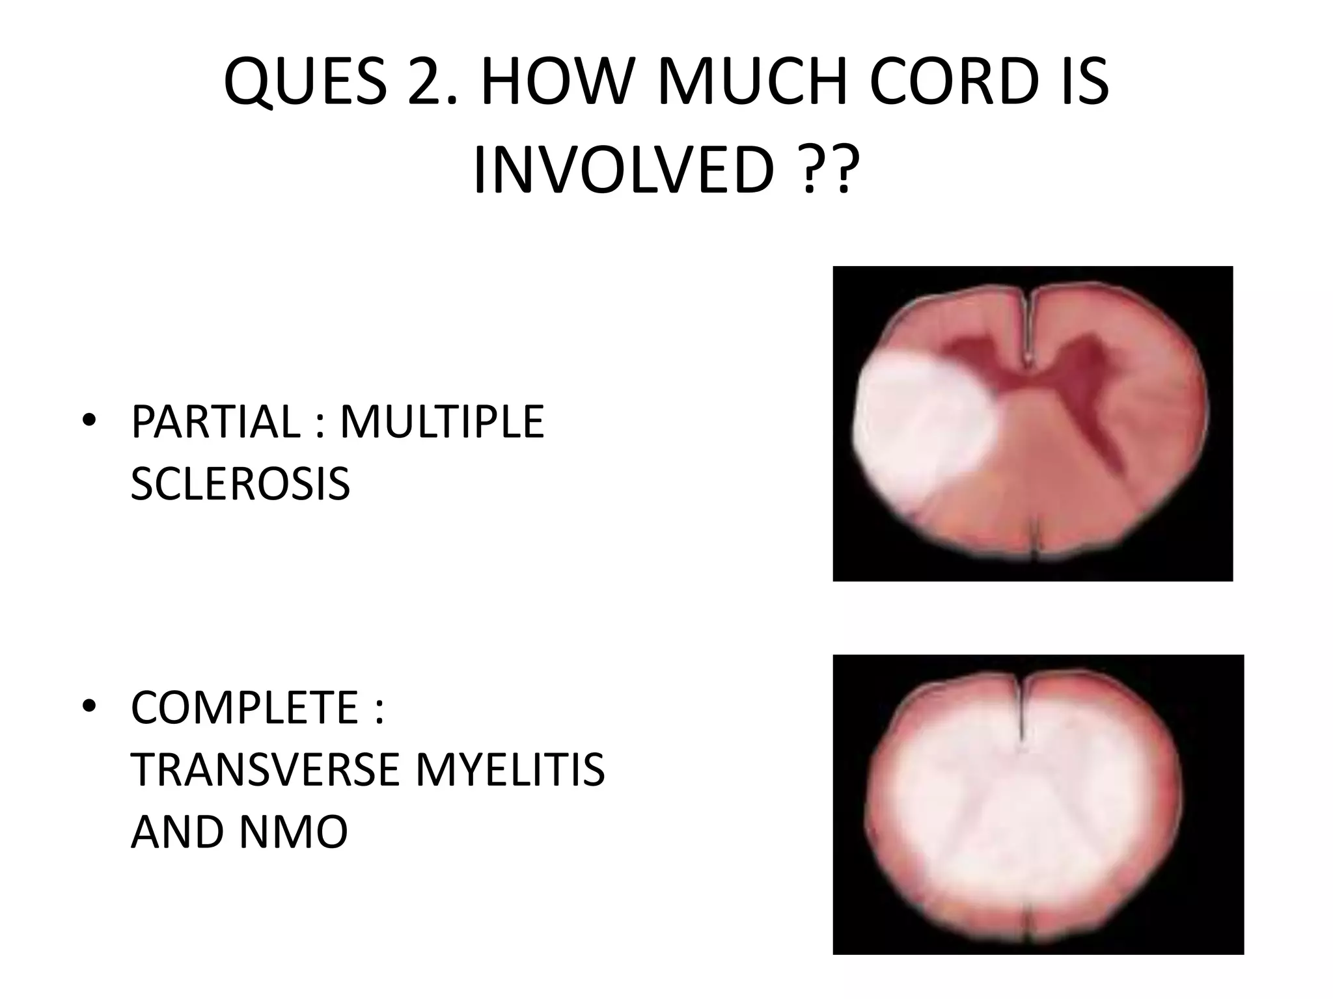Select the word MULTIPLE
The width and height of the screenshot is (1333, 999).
[442, 422]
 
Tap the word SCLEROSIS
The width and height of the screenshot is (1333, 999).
[240, 484]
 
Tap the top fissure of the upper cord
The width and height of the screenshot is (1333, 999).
[1026, 325]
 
